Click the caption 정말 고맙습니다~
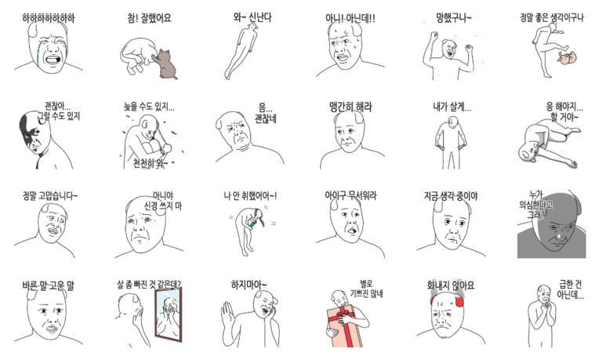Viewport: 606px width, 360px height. (50, 195)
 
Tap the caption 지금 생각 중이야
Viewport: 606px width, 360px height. (451, 195)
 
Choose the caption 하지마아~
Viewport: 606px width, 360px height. (250, 285)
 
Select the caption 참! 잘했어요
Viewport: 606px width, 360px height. (149, 17)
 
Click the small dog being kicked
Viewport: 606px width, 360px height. (566, 57)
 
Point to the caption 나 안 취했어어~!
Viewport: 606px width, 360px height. (250, 195)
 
